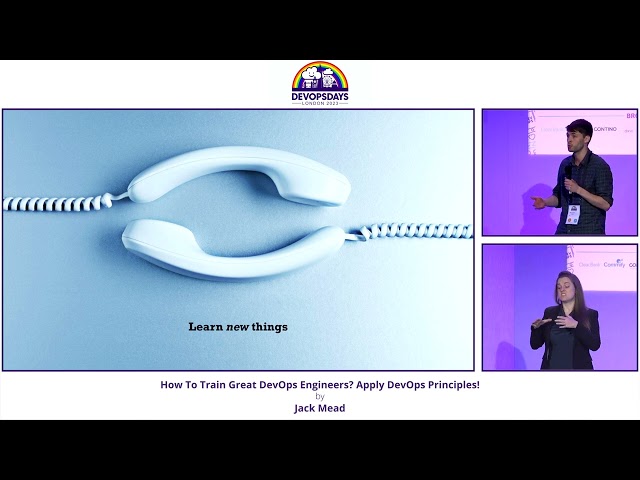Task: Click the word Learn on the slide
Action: [203, 326]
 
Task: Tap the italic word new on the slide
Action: [236, 326]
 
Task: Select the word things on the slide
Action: [269, 326]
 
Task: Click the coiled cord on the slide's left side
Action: [55, 203]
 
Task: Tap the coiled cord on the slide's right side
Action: [415, 230]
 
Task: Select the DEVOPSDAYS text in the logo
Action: [320, 97]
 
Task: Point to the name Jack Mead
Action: [320, 408]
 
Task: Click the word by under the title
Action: [320, 396]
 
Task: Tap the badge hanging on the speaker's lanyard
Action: [573, 213]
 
